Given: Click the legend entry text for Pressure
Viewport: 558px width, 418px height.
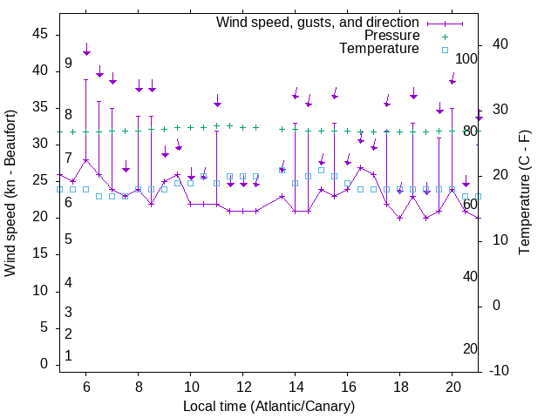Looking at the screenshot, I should click(x=391, y=36).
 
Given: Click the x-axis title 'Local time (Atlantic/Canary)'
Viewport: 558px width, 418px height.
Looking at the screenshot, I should click(x=269, y=407).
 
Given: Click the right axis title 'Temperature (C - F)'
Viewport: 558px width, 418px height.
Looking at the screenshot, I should click(x=524, y=193).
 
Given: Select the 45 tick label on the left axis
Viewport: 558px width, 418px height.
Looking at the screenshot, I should click(x=40, y=33).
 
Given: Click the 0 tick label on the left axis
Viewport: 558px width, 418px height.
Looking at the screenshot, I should click(x=44, y=364).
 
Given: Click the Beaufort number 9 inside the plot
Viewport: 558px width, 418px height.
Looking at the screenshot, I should click(x=68, y=64).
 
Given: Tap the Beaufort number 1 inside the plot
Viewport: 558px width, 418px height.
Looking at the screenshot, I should click(x=68, y=356).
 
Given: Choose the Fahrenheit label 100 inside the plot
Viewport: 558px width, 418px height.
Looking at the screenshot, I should click(x=467, y=58).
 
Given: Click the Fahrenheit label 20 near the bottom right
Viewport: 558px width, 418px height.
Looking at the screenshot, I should click(x=470, y=349).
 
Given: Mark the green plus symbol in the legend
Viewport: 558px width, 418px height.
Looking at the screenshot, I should click(x=444, y=36).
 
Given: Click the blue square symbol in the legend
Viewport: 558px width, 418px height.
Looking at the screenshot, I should click(x=444, y=50).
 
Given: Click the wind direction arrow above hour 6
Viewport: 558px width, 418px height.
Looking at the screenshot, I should click(x=86, y=49).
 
